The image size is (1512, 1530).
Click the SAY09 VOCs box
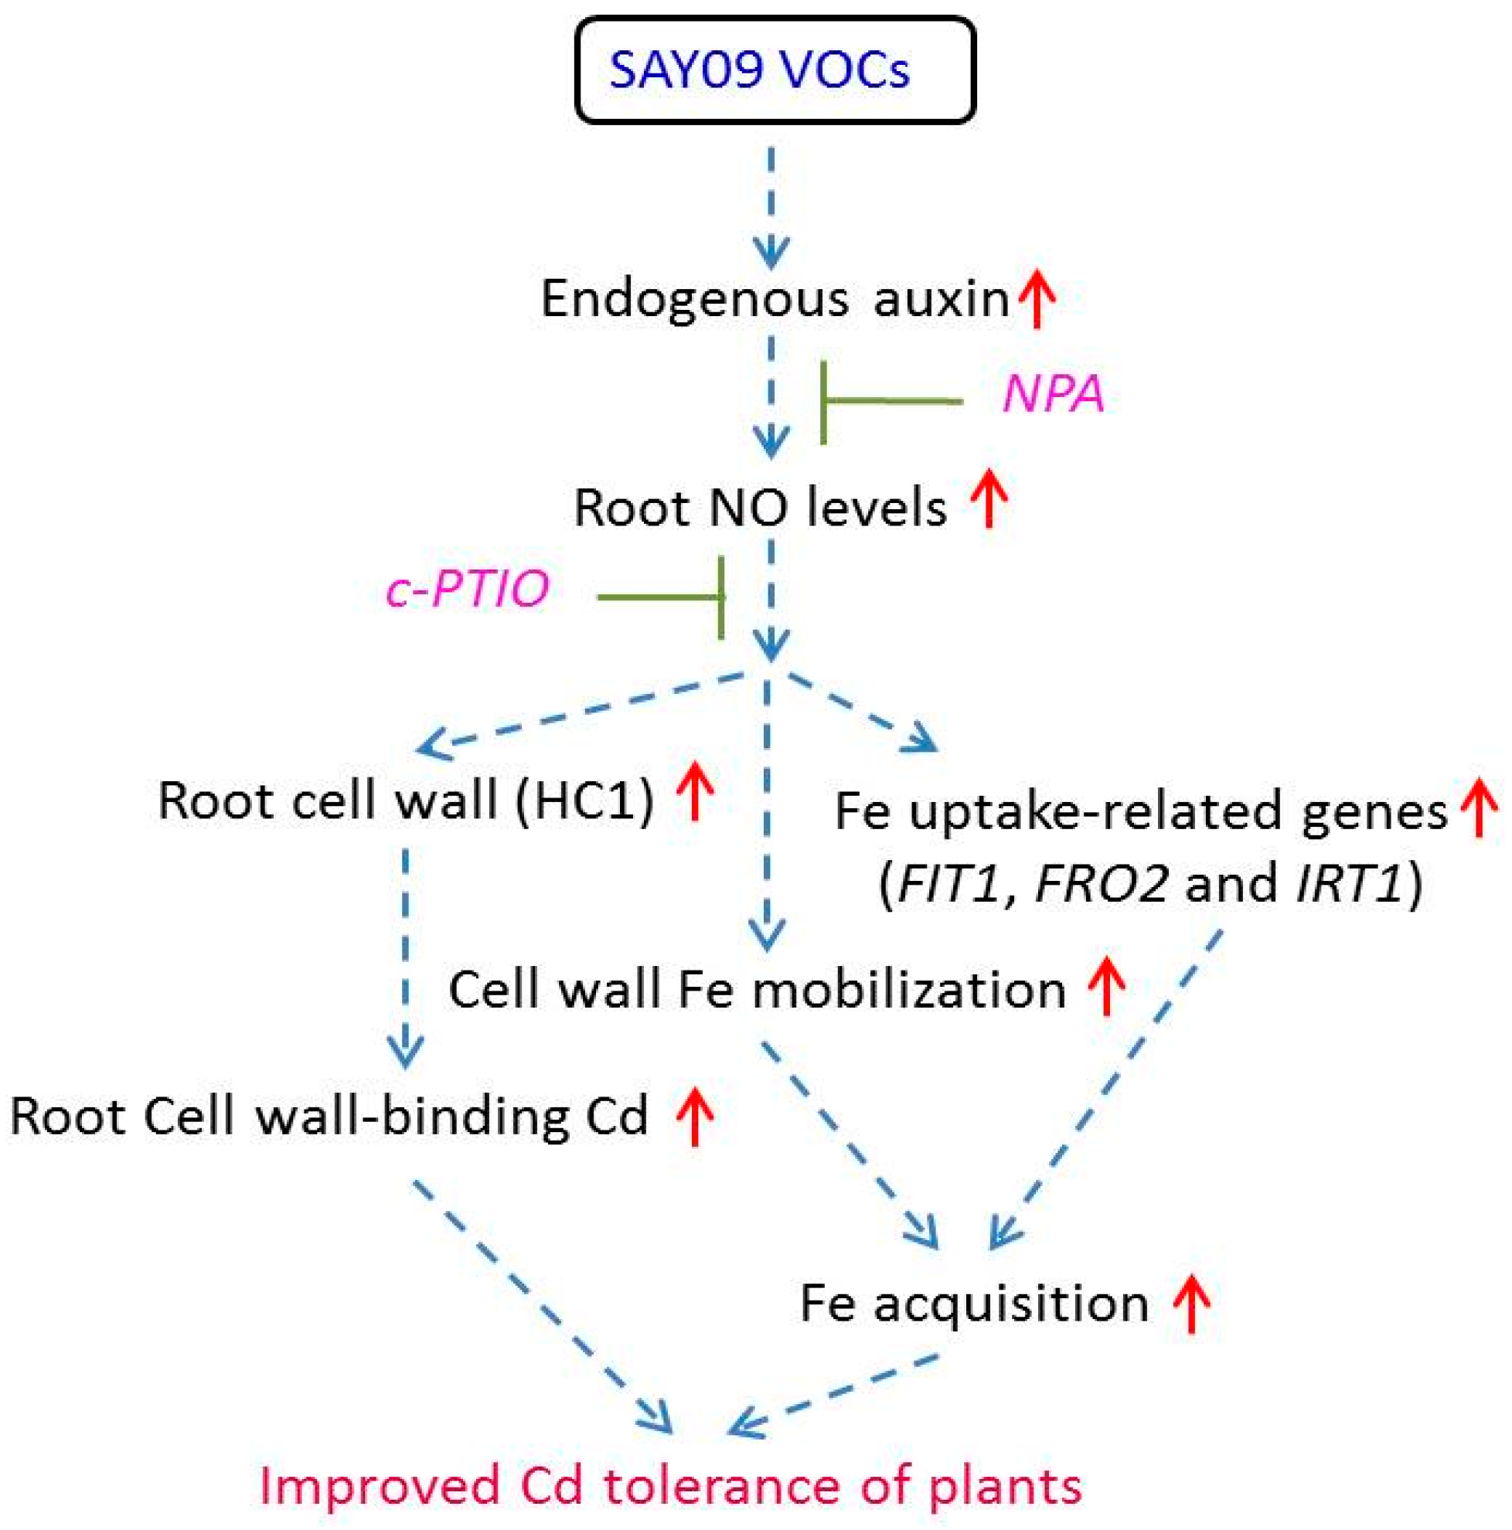(x=774, y=70)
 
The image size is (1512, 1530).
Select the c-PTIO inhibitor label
(x=468, y=589)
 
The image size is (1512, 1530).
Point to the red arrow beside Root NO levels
(x=989, y=498)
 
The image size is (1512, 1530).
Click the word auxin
(x=941, y=300)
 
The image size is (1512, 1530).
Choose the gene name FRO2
(x=1099, y=883)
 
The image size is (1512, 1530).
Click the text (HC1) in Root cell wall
(x=584, y=801)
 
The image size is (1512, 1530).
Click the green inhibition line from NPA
(x=891, y=403)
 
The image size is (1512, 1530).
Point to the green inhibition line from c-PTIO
(x=662, y=597)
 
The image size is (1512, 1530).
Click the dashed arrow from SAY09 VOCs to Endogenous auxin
(x=771, y=206)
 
